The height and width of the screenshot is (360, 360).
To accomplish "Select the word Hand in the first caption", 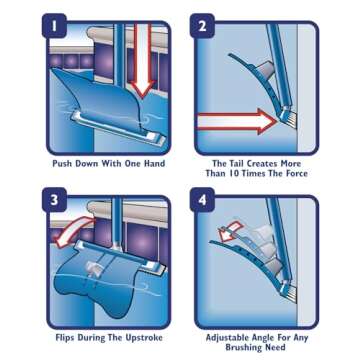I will pyautogui.click(x=153, y=163).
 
